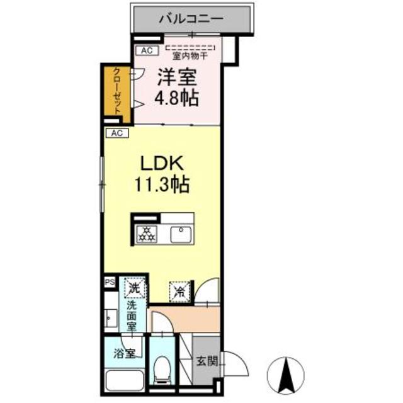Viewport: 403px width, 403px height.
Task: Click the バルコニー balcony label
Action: click(191, 19)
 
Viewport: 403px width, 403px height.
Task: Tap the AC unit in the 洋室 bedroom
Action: click(147, 50)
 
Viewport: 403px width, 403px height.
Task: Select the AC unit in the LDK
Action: click(117, 133)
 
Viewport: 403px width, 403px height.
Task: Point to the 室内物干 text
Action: click(190, 56)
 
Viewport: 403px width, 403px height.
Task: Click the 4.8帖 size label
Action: click(176, 98)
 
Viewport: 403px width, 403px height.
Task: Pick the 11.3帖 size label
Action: click(162, 184)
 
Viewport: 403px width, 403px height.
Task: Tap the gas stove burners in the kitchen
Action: click(147, 234)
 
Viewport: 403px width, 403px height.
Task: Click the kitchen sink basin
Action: click(181, 234)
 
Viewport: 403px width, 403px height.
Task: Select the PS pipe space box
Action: click(110, 283)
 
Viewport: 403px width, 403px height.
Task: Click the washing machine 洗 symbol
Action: click(135, 288)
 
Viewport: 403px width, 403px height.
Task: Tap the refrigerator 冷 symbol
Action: click(179, 292)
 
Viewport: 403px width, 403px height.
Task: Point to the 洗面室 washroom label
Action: click(132, 317)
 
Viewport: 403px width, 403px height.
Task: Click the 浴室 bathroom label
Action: click(125, 354)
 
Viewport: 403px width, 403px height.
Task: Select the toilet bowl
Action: click(162, 370)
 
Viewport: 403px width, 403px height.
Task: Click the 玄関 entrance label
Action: click(207, 361)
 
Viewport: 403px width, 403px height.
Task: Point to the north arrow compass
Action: click(285, 376)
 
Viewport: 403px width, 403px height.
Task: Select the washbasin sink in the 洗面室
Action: click(111, 318)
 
